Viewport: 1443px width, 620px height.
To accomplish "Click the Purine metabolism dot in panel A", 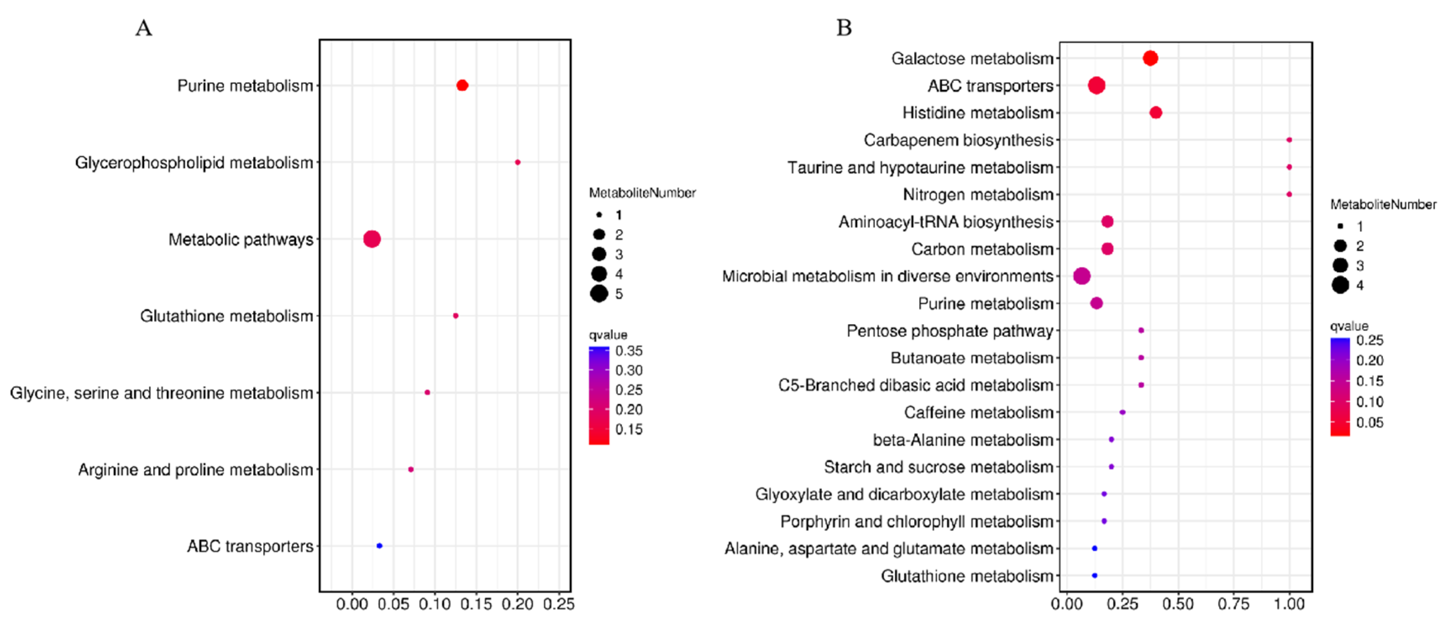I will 462,85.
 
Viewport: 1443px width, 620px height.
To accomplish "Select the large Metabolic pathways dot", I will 372,239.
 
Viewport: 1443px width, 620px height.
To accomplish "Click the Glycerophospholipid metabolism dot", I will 518,162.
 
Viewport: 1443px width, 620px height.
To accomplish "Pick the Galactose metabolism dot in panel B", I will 1150,58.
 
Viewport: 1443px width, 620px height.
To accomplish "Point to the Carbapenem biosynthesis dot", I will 1289,140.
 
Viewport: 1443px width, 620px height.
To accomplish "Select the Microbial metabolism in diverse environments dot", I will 1082,276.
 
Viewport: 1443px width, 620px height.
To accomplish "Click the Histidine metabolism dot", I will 1156,112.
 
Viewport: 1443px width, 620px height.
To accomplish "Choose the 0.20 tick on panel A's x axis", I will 517,604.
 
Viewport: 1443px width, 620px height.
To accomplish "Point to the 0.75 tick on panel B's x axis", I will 1233,604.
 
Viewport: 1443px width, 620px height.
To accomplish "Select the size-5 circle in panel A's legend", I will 599,293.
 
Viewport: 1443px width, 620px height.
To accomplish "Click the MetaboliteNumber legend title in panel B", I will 1383,204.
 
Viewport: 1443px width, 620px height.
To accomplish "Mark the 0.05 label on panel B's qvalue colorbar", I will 1370,422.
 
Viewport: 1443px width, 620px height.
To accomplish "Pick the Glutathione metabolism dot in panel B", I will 1094,575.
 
